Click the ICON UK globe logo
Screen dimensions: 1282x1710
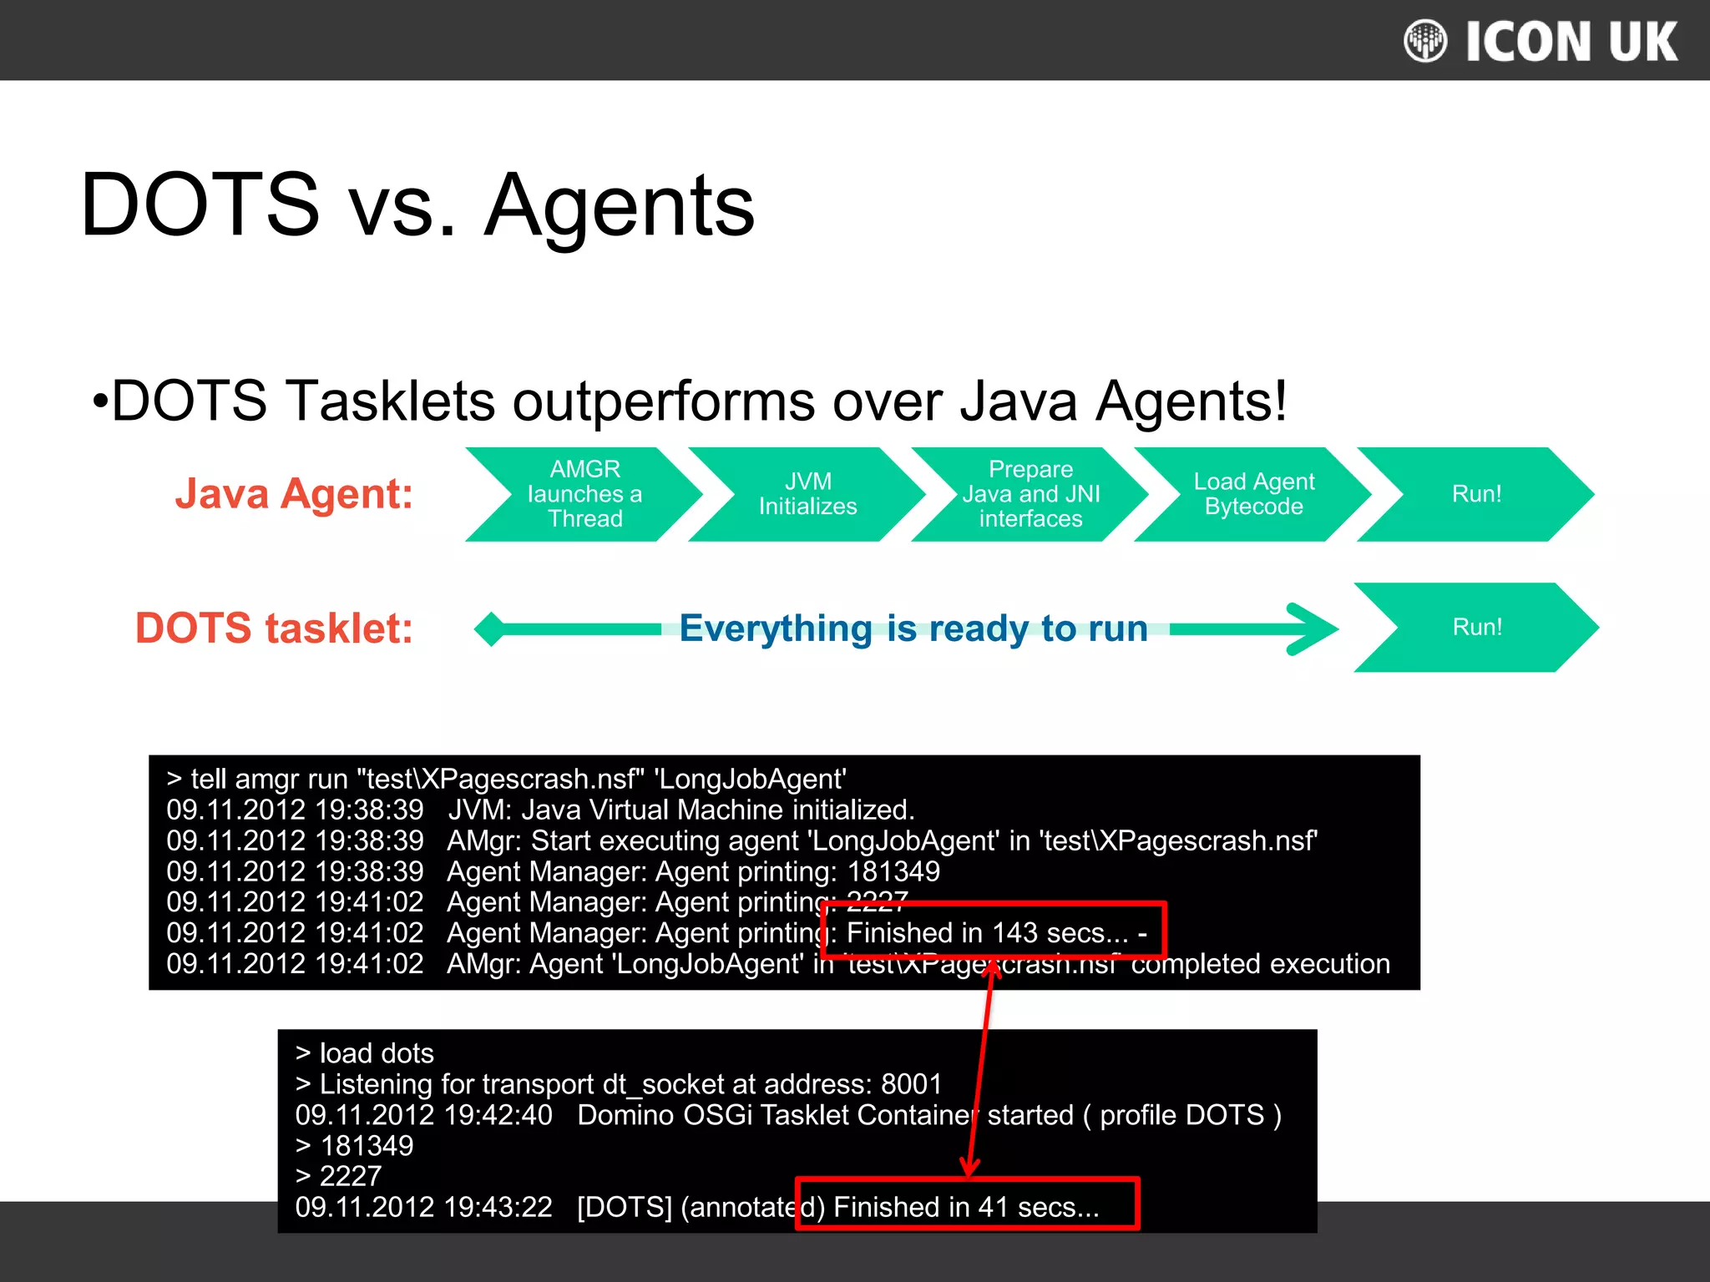1424,41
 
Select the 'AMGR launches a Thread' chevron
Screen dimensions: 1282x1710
584,494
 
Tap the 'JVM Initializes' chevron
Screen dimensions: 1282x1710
807,494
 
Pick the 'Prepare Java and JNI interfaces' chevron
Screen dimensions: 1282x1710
1030,494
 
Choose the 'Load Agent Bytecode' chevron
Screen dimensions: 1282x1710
1253,494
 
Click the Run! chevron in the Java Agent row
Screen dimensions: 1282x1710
1476,494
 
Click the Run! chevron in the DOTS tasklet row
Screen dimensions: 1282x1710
1476,627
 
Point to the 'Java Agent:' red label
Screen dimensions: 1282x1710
294,493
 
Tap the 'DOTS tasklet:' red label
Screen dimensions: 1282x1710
274,628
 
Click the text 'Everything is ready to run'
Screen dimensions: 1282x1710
913,628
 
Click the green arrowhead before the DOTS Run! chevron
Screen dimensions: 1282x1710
1315,628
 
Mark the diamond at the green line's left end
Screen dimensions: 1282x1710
491,628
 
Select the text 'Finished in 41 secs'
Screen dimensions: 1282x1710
965,1207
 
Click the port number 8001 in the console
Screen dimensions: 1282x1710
911,1084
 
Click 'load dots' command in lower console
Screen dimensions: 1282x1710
376,1053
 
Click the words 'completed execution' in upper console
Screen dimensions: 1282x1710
1260,964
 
